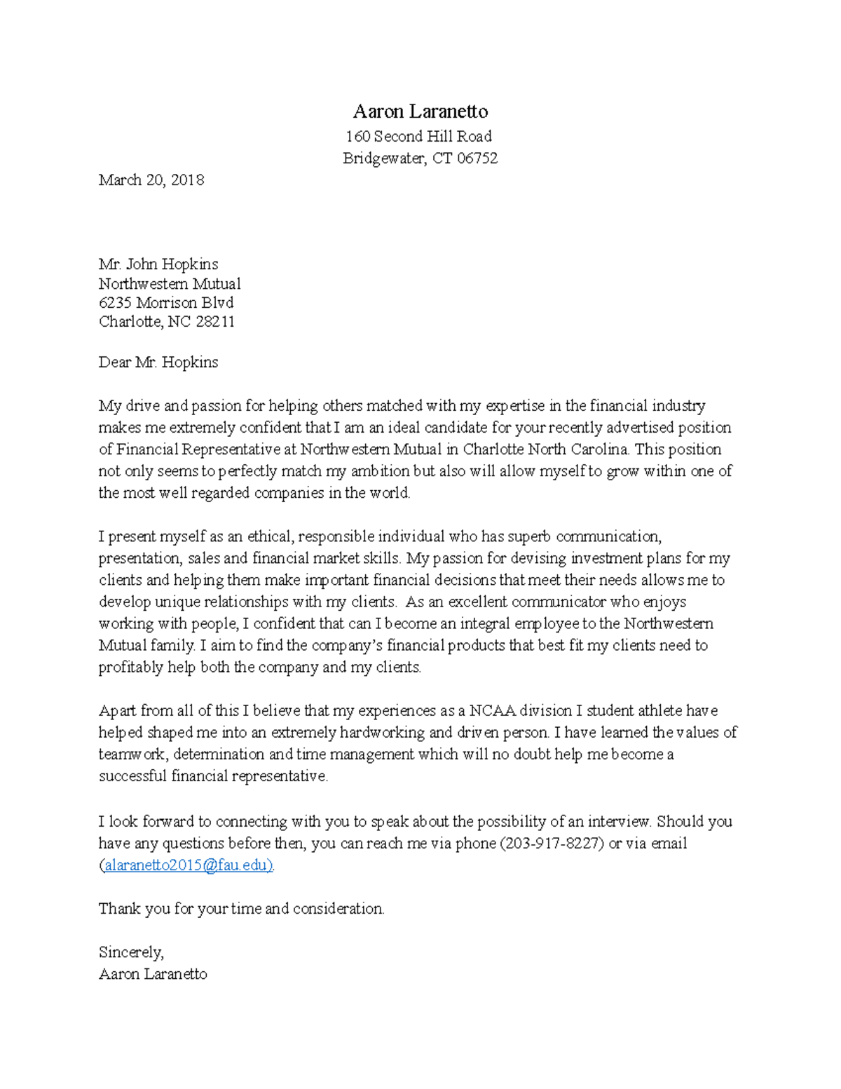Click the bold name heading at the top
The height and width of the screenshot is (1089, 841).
tap(420, 111)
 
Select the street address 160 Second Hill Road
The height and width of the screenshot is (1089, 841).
tap(419, 136)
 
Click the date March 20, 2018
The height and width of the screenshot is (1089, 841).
tap(151, 180)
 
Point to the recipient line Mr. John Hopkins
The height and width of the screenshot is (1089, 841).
tap(158, 264)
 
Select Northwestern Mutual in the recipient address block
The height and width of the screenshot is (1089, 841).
tap(170, 284)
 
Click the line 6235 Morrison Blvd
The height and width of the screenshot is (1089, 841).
tap(166, 303)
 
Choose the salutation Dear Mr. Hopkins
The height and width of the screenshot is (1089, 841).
tap(158, 363)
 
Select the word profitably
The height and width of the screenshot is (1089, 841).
tap(130, 668)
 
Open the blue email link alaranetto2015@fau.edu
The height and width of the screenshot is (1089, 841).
tap(188, 865)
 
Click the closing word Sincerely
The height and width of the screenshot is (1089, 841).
tap(131, 952)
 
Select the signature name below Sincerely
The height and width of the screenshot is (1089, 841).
tap(153, 974)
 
